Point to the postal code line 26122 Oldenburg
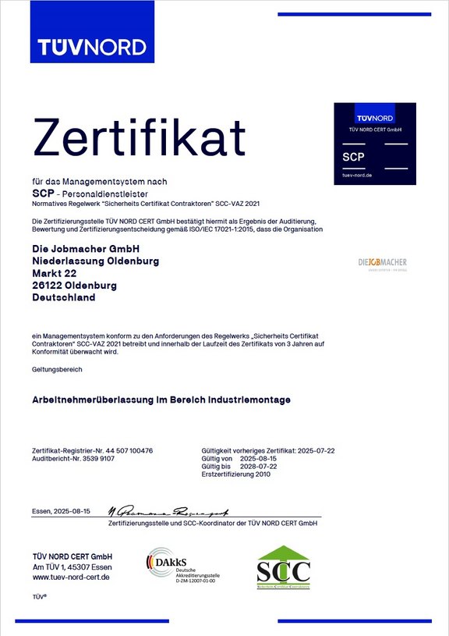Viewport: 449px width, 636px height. [74, 286]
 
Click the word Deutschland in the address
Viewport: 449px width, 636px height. [64, 298]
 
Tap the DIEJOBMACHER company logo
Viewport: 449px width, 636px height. [382, 263]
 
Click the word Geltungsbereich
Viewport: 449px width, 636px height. [57, 368]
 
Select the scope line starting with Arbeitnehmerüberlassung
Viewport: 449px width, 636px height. [161, 400]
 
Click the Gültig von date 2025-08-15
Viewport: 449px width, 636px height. [258, 459]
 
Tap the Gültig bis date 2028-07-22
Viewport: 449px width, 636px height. [258, 467]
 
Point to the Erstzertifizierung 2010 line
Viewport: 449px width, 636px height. [235, 474]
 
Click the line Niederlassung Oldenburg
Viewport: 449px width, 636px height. [95, 261]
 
